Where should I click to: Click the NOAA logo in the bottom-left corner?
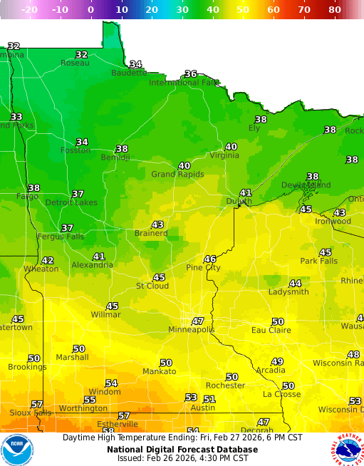(x=18, y=450)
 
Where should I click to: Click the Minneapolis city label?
(x=191, y=330)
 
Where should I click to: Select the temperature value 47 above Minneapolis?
(x=198, y=321)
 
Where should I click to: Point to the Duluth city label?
(x=239, y=202)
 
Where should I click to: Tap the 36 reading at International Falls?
(x=190, y=73)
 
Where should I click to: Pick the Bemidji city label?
(x=115, y=157)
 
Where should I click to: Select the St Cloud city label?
(x=152, y=286)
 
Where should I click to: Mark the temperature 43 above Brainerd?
(x=157, y=224)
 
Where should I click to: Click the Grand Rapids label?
(x=177, y=174)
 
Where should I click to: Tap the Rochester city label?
(x=225, y=385)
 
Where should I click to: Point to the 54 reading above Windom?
(x=111, y=383)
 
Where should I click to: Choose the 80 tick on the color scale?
(x=335, y=10)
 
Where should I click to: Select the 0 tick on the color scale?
(x=90, y=10)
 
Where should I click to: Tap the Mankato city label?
(x=159, y=371)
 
